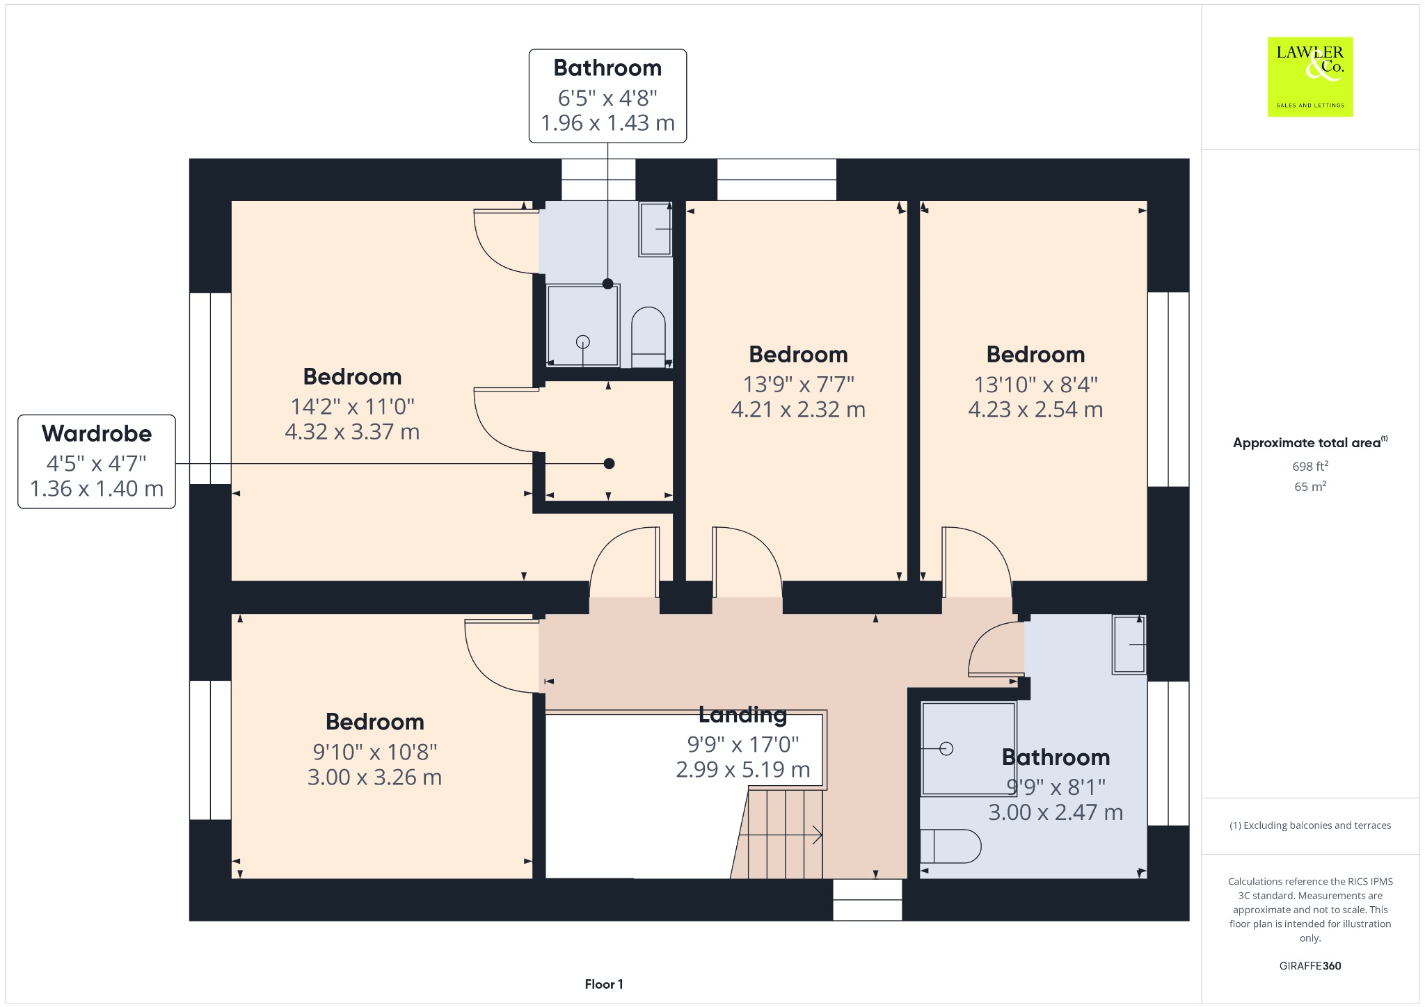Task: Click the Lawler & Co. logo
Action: pos(1309,77)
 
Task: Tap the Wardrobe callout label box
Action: pos(97,462)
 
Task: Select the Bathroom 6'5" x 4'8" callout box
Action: pos(607,96)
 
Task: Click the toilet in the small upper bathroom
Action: pos(648,337)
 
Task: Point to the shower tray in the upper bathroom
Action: pos(582,325)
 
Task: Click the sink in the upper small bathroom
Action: pos(655,229)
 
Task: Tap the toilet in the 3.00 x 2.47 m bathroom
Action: pos(950,846)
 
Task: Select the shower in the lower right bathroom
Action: pos(969,748)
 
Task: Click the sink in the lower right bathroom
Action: pos(1129,645)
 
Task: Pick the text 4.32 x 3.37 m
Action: pos(352,432)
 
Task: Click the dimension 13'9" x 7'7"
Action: pos(799,384)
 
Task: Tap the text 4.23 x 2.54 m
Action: pos(1035,410)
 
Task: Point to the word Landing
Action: pos(742,714)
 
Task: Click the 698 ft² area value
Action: pos(1310,466)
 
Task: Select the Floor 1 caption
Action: pos(604,984)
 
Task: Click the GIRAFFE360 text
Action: pos(1310,965)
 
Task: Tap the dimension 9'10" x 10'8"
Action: pos(375,752)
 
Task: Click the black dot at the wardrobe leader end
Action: pos(609,464)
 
